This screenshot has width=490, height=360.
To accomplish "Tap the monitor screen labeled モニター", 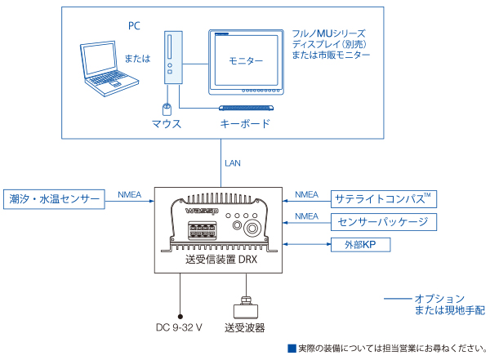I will (x=246, y=62).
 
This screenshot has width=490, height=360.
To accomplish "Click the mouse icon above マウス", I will (x=167, y=109).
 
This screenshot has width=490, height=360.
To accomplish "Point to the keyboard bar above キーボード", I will (x=244, y=109).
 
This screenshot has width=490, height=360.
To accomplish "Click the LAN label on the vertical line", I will (x=233, y=163).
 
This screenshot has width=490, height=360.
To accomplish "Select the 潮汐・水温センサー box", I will (x=55, y=199).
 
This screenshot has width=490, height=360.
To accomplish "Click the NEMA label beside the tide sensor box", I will (x=130, y=194).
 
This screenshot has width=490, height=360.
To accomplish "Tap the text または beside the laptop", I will (x=137, y=60).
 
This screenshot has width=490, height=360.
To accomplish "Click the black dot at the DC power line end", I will (x=180, y=313).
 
